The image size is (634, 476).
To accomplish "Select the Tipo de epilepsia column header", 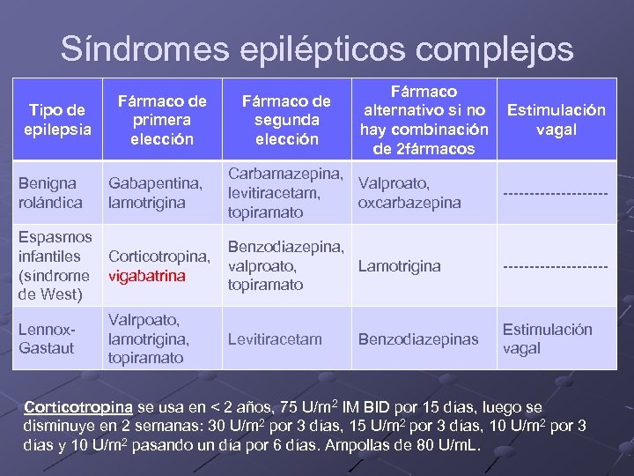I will tap(57, 120).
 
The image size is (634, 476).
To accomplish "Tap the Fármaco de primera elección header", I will tap(163, 120).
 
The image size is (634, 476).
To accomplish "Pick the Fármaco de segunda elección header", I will tap(286, 120).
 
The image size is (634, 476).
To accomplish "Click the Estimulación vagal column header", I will tap(556, 120).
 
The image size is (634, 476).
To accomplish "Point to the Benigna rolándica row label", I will tap(51, 192).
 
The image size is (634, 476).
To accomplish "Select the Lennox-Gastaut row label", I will tap(48, 338).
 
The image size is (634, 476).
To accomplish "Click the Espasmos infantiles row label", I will tap(55, 265).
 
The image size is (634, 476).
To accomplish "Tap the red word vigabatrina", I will tap(147, 276).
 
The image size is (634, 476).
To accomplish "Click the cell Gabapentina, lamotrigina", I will tap(156, 192).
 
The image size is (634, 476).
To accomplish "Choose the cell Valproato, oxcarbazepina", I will tap(409, 192).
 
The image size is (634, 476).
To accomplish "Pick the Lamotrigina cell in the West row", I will tap(400, 265).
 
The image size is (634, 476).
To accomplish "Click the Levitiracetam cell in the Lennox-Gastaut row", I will tap(275, 338).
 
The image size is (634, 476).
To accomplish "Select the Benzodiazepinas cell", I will tap(418, 338).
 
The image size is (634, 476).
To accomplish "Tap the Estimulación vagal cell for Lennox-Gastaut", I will tap(547, 338).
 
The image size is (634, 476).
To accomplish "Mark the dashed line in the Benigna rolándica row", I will tap(556, 193).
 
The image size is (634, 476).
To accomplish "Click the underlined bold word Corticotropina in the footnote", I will tap(78, 408).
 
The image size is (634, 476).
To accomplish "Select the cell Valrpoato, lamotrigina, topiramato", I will tap(148, 338).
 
